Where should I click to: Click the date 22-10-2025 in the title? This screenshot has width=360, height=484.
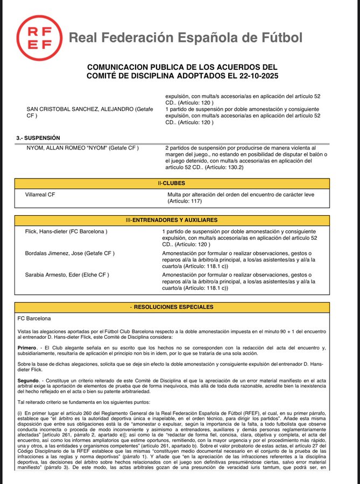point(251,76)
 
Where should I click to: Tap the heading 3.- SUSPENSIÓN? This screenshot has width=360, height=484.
point(38,138)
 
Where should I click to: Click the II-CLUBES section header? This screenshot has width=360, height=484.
point(179,183)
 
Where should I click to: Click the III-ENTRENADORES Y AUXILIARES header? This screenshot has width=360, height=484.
point(179,220)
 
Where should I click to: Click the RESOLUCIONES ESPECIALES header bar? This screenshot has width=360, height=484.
point(179,307)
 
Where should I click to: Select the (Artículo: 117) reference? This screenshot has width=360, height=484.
point(185,201)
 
